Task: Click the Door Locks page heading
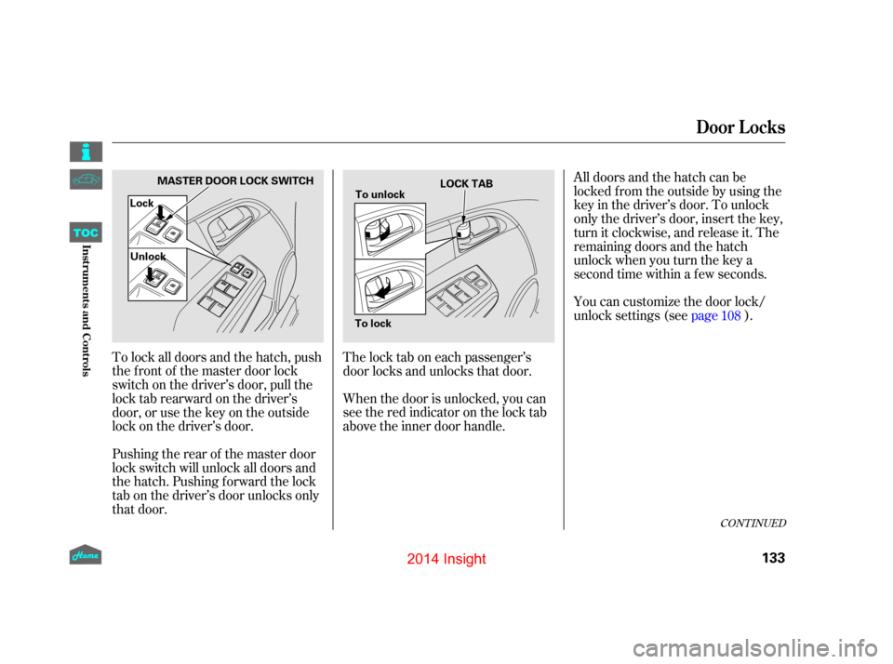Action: pyautogui.click(x=740, y=127)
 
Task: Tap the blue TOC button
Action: pyautogui.click(x=86, y=232)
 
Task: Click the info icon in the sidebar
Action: pyautogui.click(x=86, y=152)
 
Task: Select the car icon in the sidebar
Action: pyautogui.click(x=86, y=179)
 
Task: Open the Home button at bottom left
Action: pyautogui.click(x=86, y=554)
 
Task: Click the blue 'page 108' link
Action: pyautogui.click(x=715, y=315)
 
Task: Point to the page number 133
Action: pyautogui.click(x=773, y=558)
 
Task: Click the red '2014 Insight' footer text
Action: pyautogui.click(x=446, y=559)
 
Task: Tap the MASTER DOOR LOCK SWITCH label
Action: pyautogui.click(x=235, y=180)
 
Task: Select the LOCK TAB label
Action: pyautogui.click(x=466, y=183)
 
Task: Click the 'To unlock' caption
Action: pyautogui.click(x=380, y=194)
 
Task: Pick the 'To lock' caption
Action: pyautogui.click(x=373, y=324)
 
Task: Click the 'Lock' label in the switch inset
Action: pyautogui.click(x=141, y=204)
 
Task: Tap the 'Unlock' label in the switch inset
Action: pyautogui.click(x=148, y=257)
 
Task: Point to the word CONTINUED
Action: pyautogui.click(x=753, y=524)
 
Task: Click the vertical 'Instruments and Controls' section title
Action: pyautogui.click(x=86, y=311)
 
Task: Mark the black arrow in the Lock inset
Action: pyautogui.click(x=161, y=212)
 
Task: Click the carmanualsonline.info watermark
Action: pyautogui.click(x=759, y=647)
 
